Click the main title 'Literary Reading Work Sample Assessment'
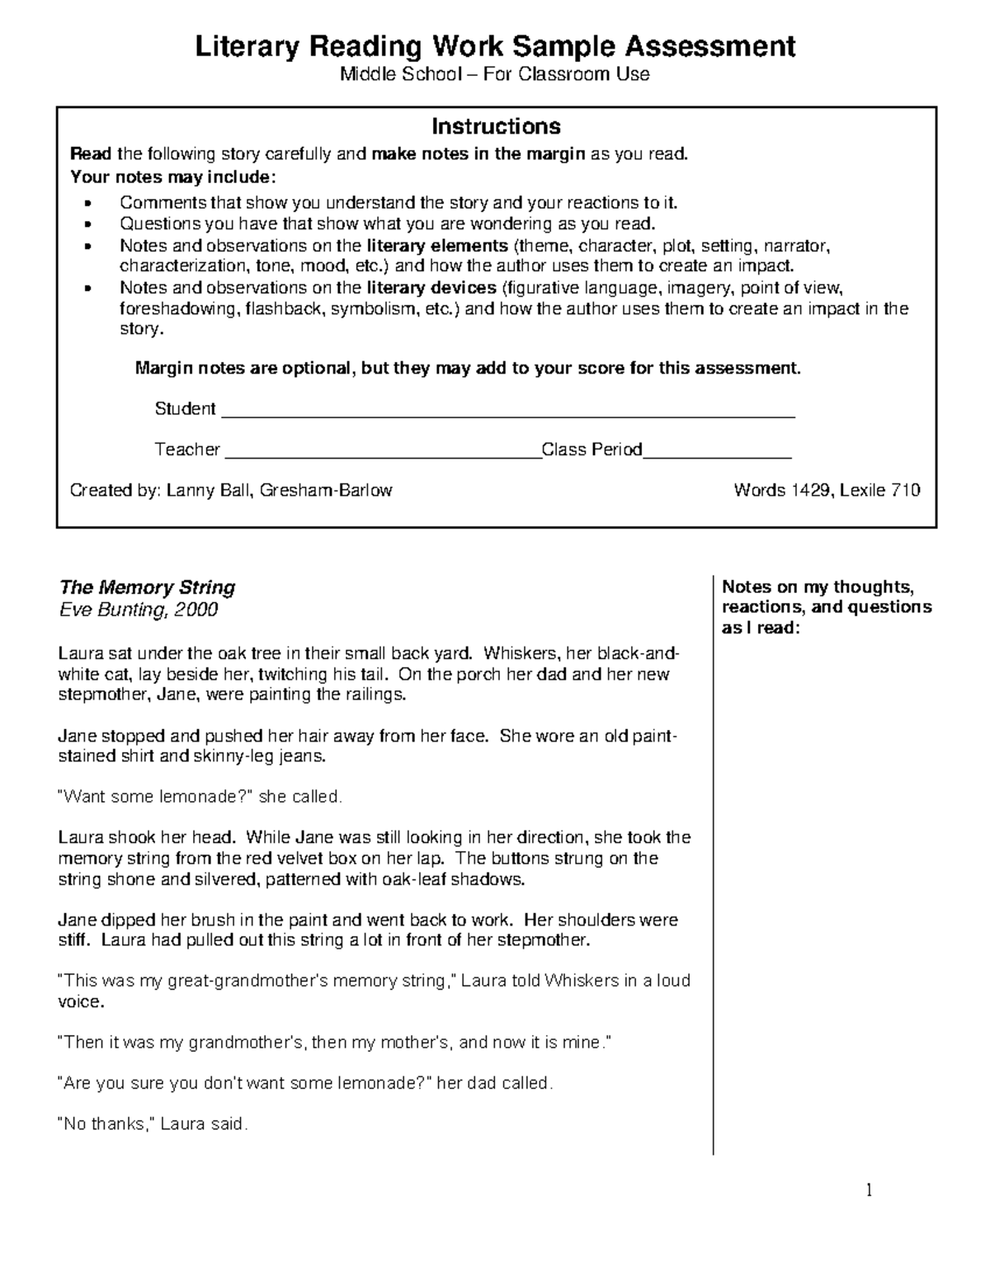[495, 46]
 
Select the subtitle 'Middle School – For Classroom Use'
[495, 74]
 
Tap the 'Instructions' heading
[496, 126]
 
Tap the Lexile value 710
[905, 491]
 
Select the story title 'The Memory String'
[147, 587]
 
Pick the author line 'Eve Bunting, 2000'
[138, 610]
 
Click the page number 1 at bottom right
[868, 1190]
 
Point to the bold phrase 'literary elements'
[437, 246]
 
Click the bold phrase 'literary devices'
[431, 288]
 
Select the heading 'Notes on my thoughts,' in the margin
[818, 587]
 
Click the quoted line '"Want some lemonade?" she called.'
[199, 798]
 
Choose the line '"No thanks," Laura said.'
[152, 1123]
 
